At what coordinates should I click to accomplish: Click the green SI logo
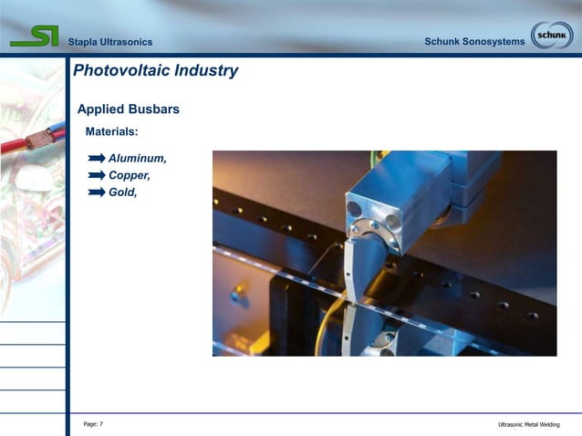[34, 36]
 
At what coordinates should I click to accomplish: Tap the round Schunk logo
[552, 36]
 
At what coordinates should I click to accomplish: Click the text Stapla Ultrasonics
[110, 43]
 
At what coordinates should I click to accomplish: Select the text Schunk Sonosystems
[474, 43]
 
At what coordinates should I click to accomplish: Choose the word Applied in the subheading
[99, 109]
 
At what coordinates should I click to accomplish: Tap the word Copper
[129, 175]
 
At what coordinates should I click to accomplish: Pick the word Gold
[122, 192]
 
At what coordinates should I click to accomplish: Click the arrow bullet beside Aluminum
[97, 159]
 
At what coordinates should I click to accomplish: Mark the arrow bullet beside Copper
[97, 175]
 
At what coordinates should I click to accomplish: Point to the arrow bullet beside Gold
[97, 192]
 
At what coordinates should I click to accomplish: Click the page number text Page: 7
[93, 424]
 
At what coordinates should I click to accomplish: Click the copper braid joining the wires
[38, 140]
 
